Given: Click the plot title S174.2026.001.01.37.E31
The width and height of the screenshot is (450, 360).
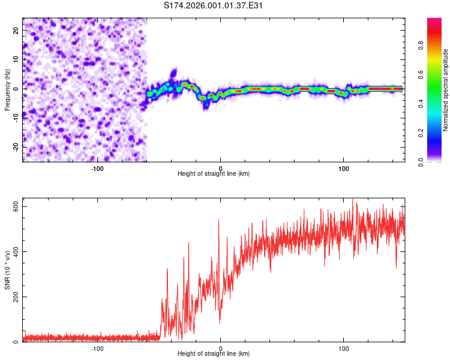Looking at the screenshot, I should click(214, 5).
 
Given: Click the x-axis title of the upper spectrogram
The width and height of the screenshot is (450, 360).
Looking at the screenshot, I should click(214, 174).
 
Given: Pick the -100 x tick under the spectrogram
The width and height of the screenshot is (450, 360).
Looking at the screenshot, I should click(97, 169).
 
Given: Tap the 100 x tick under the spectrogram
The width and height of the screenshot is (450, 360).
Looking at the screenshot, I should click(344, 169).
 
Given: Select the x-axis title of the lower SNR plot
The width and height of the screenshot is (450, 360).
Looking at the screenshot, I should click(214, 354).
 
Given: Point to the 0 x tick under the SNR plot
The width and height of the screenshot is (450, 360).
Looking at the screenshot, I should click(220, 349).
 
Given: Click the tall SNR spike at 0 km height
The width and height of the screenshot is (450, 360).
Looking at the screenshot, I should click(218, 221).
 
